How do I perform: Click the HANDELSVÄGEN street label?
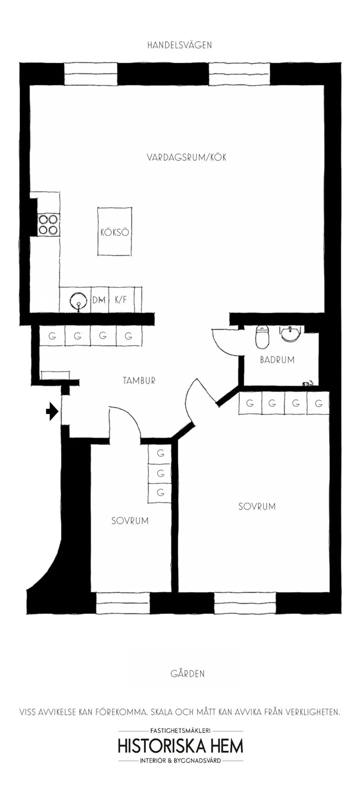(180, 45)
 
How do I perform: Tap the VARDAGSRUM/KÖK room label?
(186, 157)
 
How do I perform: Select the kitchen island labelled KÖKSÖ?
(115, 232)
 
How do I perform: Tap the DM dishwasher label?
(99, 300)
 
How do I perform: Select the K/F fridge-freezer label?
(121, 300)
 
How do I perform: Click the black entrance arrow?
(52, 412)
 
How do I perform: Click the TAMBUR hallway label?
(139, 381)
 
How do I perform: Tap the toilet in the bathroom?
(262, 337)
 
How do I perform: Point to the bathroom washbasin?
(290, 334)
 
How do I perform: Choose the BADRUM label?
(277, 360)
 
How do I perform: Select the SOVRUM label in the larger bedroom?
(257, 507)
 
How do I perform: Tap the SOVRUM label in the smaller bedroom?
(130, 521)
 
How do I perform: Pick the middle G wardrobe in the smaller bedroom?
(161, 473)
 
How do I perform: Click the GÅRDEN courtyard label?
(188, 674)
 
